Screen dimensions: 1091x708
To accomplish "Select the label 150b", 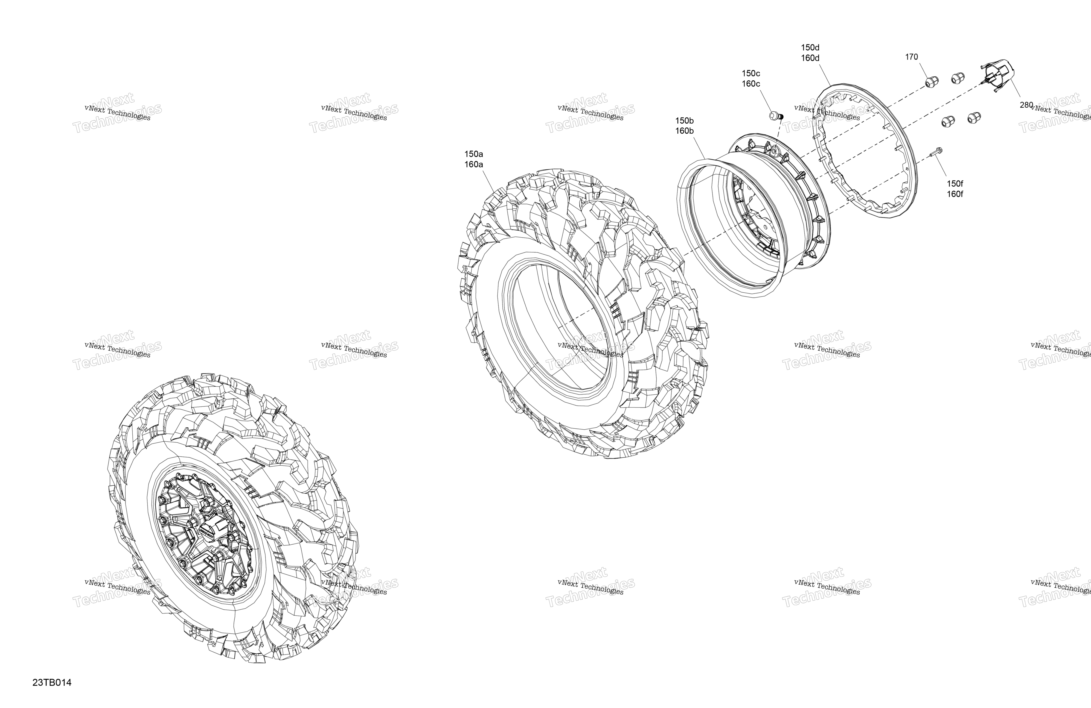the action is tap(684, 121).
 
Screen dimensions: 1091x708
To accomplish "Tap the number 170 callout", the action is tap(911, 57).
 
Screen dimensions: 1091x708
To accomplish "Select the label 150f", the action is tap(955, 184).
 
